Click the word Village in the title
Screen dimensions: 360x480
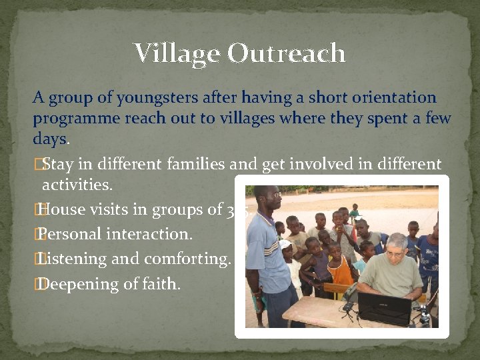tap(176, 53)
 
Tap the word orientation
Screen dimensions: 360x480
tap(397, 98)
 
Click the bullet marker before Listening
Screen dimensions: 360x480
tap(37, 258)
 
